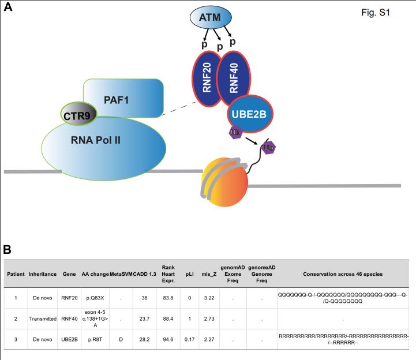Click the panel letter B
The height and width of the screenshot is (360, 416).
8,250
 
